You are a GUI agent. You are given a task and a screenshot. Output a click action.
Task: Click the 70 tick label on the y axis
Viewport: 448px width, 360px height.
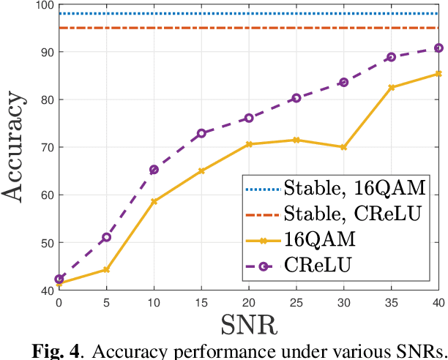[x=45, y=148]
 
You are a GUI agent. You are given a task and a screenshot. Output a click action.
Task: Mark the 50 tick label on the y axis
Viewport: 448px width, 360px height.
[x=45, y=243]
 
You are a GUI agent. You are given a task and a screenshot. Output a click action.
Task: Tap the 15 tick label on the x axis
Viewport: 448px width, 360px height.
[x=201, y=301]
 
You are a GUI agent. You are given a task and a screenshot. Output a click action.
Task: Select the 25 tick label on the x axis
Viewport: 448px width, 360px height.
[x=296, y=301]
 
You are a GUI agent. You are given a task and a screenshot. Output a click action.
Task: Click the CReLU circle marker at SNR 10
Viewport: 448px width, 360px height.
[x=154, y=170]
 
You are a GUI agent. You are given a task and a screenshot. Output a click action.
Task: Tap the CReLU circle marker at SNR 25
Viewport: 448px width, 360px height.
[x=296, y=98]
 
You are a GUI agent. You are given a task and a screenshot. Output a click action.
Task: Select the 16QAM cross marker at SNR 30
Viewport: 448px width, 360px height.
[x=344, y=147]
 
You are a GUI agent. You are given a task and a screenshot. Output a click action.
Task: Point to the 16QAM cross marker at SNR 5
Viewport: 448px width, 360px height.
[x=107, y=269]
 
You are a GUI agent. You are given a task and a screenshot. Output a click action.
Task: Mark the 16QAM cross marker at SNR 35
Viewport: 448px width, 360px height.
[x=392, y=87]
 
